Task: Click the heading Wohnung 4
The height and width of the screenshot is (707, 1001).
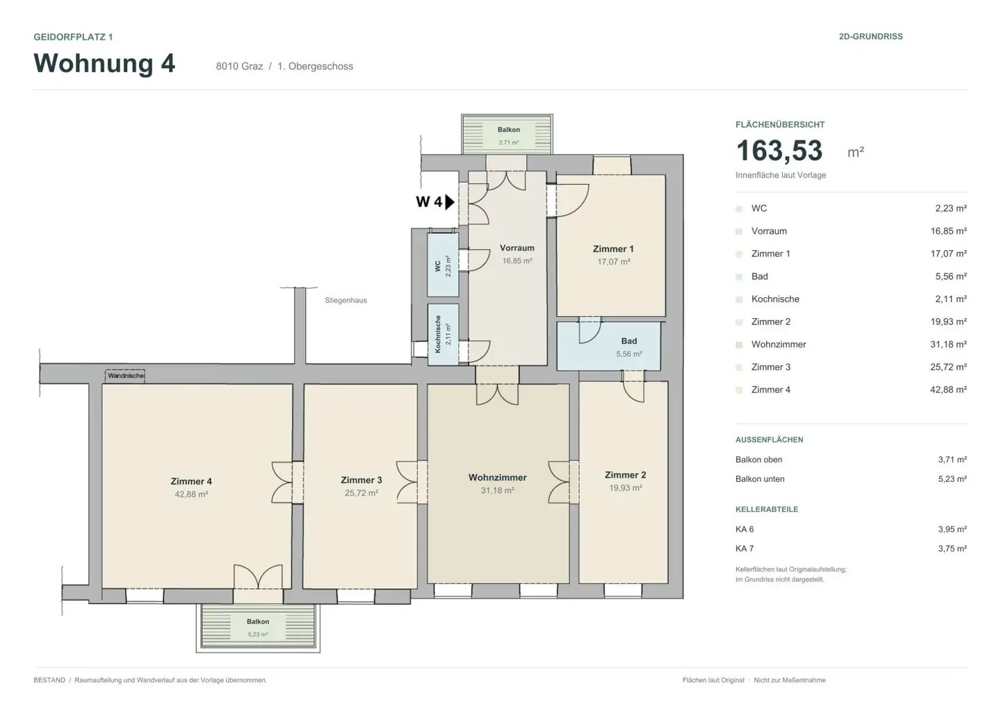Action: (104, 63)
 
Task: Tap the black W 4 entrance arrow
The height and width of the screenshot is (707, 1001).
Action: (450, 202)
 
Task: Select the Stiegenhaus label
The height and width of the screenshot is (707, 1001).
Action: (345, 301)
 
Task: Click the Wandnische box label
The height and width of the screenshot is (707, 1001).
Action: (126, 376)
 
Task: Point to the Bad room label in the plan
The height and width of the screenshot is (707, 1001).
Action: (628, 341)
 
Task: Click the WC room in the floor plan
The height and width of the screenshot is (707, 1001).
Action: (443, 265)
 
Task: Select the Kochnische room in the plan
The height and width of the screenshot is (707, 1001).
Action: (443, 335)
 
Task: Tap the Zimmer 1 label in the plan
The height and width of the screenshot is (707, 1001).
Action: (613, 249)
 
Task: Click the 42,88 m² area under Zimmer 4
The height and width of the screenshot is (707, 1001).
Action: (191, 494)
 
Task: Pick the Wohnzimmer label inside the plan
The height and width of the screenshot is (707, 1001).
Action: (498, 478)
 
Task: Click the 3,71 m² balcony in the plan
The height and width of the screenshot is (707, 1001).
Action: (507, 134)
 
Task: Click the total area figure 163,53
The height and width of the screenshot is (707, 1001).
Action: (779, 151)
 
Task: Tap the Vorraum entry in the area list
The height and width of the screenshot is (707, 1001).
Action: (769, 231)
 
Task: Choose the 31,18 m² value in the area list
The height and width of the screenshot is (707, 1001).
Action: (948, 344)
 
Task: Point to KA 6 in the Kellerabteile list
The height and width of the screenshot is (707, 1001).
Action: (744, 529)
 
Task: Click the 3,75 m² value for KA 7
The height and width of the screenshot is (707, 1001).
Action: (952, 549)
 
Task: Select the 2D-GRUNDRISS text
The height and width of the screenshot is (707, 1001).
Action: (870, 37)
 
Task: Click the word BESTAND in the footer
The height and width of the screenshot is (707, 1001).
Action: (49, 680)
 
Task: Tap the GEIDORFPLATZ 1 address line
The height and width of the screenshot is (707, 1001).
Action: (73, 37)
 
